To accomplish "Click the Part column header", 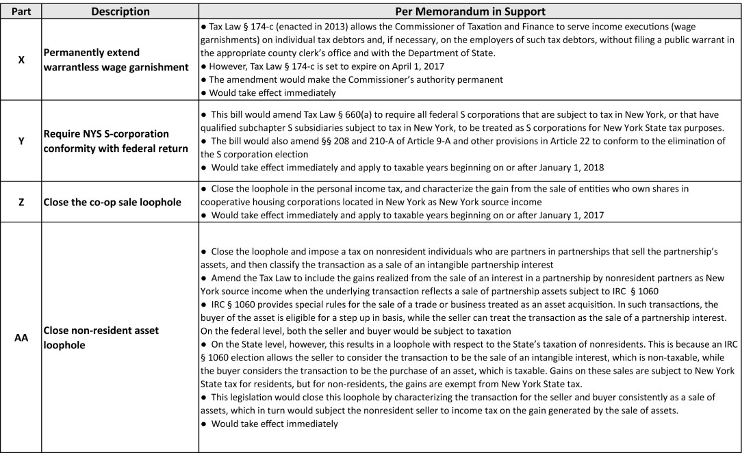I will [x=21, y=12].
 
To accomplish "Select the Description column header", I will [x=120, y=12].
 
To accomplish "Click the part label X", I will [x=21, y=60].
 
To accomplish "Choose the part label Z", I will [x=21, y=202].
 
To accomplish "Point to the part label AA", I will [x=21, y=337].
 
